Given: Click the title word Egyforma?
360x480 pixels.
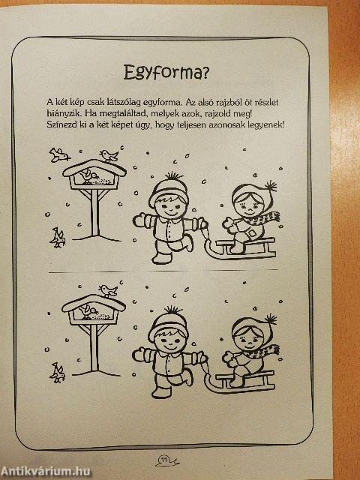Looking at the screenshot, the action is coord(166,73).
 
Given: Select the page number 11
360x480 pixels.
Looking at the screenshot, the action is coord(164,460).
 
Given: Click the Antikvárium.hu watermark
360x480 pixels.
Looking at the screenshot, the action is coord(45,471).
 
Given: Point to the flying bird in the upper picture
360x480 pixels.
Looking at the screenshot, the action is coord(58,154).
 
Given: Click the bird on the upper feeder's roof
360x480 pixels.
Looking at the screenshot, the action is coord(109,155).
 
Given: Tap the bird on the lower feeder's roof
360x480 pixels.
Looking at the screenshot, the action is coord(108,290).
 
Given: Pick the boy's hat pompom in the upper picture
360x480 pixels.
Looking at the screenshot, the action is coord(173,176).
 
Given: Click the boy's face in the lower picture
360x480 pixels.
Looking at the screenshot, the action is coord(169,340).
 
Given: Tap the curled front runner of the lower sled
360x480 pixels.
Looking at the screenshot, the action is coord(211,382).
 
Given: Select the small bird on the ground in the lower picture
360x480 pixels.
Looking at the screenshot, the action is coord(57,373).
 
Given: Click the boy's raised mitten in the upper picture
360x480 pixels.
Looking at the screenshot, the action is coord(138,220).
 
